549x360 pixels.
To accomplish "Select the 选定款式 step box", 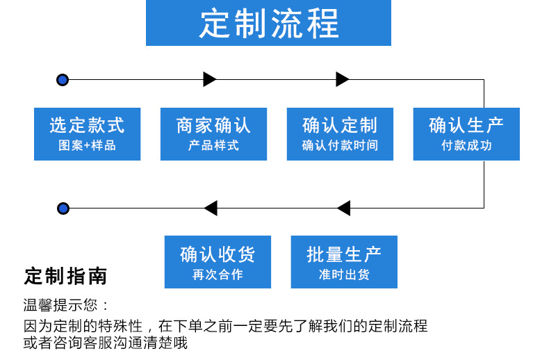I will (87, 133).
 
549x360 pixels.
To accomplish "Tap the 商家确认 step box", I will (213, 133).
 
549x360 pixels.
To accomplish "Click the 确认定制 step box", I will (340, 133).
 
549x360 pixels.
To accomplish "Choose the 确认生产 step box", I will (466, 133).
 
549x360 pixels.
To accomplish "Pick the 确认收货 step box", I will (218, 261).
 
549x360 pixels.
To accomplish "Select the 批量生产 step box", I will (344, 261).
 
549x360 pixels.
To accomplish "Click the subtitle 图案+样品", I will (87, 146).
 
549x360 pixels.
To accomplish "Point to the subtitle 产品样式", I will (213, 146).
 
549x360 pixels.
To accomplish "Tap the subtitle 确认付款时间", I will (340, 146).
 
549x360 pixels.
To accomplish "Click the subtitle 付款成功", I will (466, 146).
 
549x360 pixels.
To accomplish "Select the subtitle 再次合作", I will (218, 275).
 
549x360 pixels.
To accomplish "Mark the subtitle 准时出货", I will (344, 275).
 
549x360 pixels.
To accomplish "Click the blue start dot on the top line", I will (63, 80).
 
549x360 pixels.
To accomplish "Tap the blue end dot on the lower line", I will (63, 208).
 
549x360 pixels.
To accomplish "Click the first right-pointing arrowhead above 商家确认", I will (210, 79).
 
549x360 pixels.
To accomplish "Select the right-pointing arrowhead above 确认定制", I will (342, 79).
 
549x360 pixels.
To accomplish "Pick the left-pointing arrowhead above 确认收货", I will (211, 208).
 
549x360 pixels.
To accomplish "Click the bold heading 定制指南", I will (66, 277).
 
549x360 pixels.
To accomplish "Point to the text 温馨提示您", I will (66, 304).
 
